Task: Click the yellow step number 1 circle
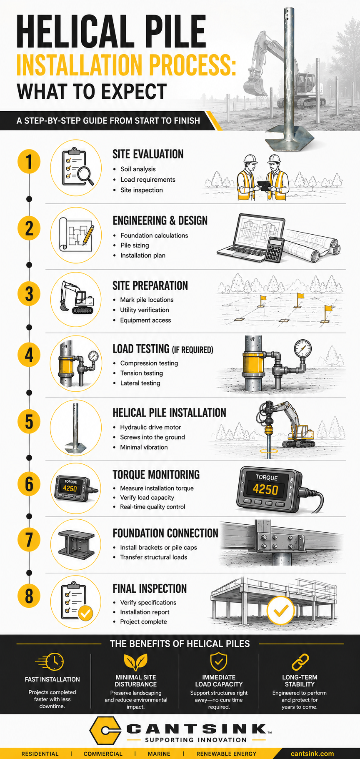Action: pyautogui.click(x=29, y=162)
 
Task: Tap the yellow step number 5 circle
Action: pyautogui.click(x=29, y=421)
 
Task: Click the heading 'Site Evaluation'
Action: pyautogui.click(x=148, y=154)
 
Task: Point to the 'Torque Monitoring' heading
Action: pyautogui.click(x=156, y=474)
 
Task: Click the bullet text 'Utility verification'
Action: pyautogui.click(x=145, y=310)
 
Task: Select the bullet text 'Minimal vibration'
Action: pyautogui.click(x=144, y=447)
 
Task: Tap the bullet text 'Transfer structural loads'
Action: pyautogui.click(x=154, y=557)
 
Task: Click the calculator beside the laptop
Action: pyautogui.click(x=274, y=250)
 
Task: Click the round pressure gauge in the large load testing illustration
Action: pyautogui.click(x=302, y=348)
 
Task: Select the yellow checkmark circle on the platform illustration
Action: pyautogui.click(x=280, y=610)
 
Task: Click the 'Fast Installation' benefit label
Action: pyautogui.click(x=52, y=679)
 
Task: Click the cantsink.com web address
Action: pyautogui.click(x=312, y=754)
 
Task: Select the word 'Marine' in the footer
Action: pyautogui.click(x=159, y=754)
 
